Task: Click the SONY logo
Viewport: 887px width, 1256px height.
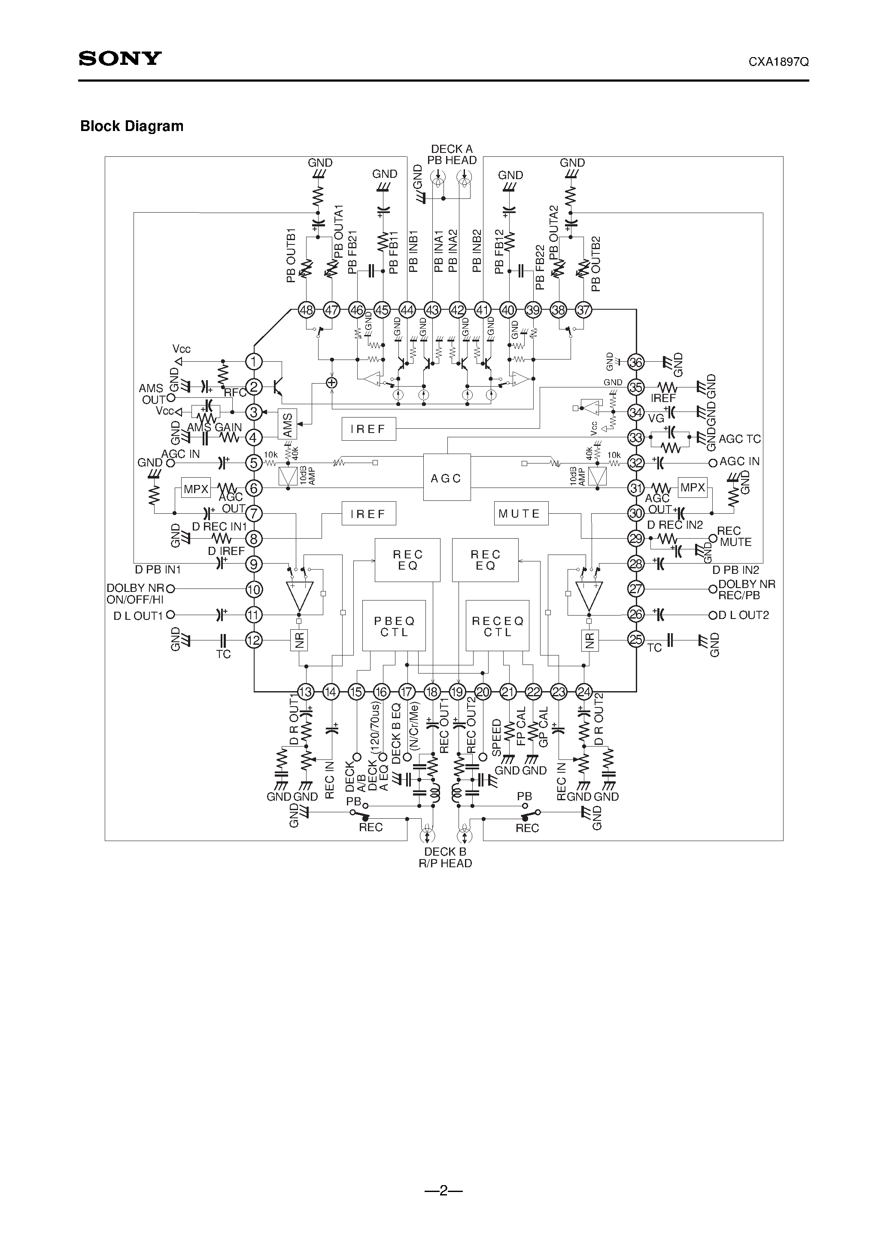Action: pyautogui.click(x=120, y=58)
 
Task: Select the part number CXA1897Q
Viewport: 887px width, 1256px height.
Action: pyautogui.click(x=778, y=62)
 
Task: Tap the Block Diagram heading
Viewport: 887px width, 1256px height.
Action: pyautogui.click(x=132, y=126)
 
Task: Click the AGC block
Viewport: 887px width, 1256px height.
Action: pyautogui.click(x=447, y=478)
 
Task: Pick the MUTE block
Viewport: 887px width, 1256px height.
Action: pyautogui.click(x=521, y=514)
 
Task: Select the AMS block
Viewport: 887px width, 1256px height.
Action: pyautogui.click(x=288, y=424)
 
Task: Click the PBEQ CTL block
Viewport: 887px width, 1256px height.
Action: pyautogui.click(x=394, y=626)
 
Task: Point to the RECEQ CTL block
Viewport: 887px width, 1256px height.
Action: pyautogui.click(x=497, y=626)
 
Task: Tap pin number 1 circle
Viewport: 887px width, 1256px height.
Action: pyautogui.click(x=254, y=362)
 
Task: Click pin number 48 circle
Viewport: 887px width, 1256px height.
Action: pyautogui.click(x=306, y=310)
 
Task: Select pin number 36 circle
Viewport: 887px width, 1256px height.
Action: pyautogui.click(x=636, y=362)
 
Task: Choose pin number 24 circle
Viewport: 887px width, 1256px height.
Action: pyautogui.click(x=584, y=692)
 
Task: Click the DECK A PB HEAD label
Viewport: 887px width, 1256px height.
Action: pyautogui.click(x=452, y=155)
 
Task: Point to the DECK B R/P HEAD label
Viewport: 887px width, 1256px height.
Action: pyautogui.click(x=445, y=857)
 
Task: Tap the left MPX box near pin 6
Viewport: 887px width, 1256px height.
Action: pyautogui.click(x=196, y=488)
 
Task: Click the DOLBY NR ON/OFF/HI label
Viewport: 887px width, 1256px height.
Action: pyautogui.click(x=135, y=594)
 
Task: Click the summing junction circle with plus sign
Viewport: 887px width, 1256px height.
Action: pyautogui.click(x=331, y=383)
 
